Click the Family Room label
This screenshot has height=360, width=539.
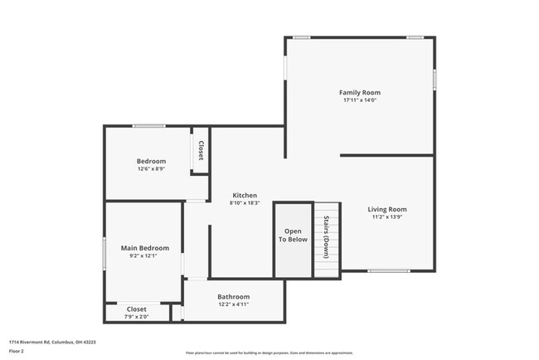pos(359,92)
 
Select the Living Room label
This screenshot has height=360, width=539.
pos(387,209)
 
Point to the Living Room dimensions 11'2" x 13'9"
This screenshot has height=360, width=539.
pos(387,218)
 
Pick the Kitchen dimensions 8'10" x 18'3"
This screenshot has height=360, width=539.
pos(244,203)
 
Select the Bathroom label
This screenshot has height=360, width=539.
pos(233,297)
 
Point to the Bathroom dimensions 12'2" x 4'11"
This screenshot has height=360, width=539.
pos(233,305)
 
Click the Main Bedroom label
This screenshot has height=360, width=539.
pos(145,248)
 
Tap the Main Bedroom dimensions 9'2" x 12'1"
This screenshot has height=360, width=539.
pos(145,257)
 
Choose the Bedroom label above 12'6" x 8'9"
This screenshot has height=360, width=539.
pos(151,161)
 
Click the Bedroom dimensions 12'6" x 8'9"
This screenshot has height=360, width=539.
pos(151,169)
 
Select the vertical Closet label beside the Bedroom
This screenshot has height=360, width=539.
pos(201,150)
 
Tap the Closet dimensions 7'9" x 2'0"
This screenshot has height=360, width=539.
pos(136,317)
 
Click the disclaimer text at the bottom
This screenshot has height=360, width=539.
pos(269,353)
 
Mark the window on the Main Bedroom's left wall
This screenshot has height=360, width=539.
pos(104,253)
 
